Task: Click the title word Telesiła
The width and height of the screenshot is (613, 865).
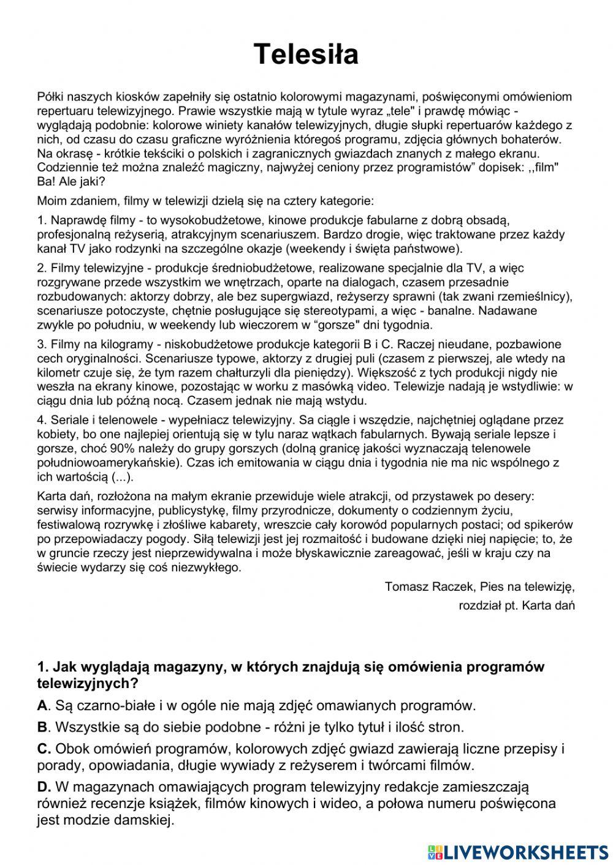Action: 306,54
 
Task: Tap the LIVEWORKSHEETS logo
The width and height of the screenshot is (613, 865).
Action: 517,852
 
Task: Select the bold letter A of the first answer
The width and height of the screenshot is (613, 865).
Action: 42,705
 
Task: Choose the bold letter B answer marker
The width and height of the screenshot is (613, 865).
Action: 42,727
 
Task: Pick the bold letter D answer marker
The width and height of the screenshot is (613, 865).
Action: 42,786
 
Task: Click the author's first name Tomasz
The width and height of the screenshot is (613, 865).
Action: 405,586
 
